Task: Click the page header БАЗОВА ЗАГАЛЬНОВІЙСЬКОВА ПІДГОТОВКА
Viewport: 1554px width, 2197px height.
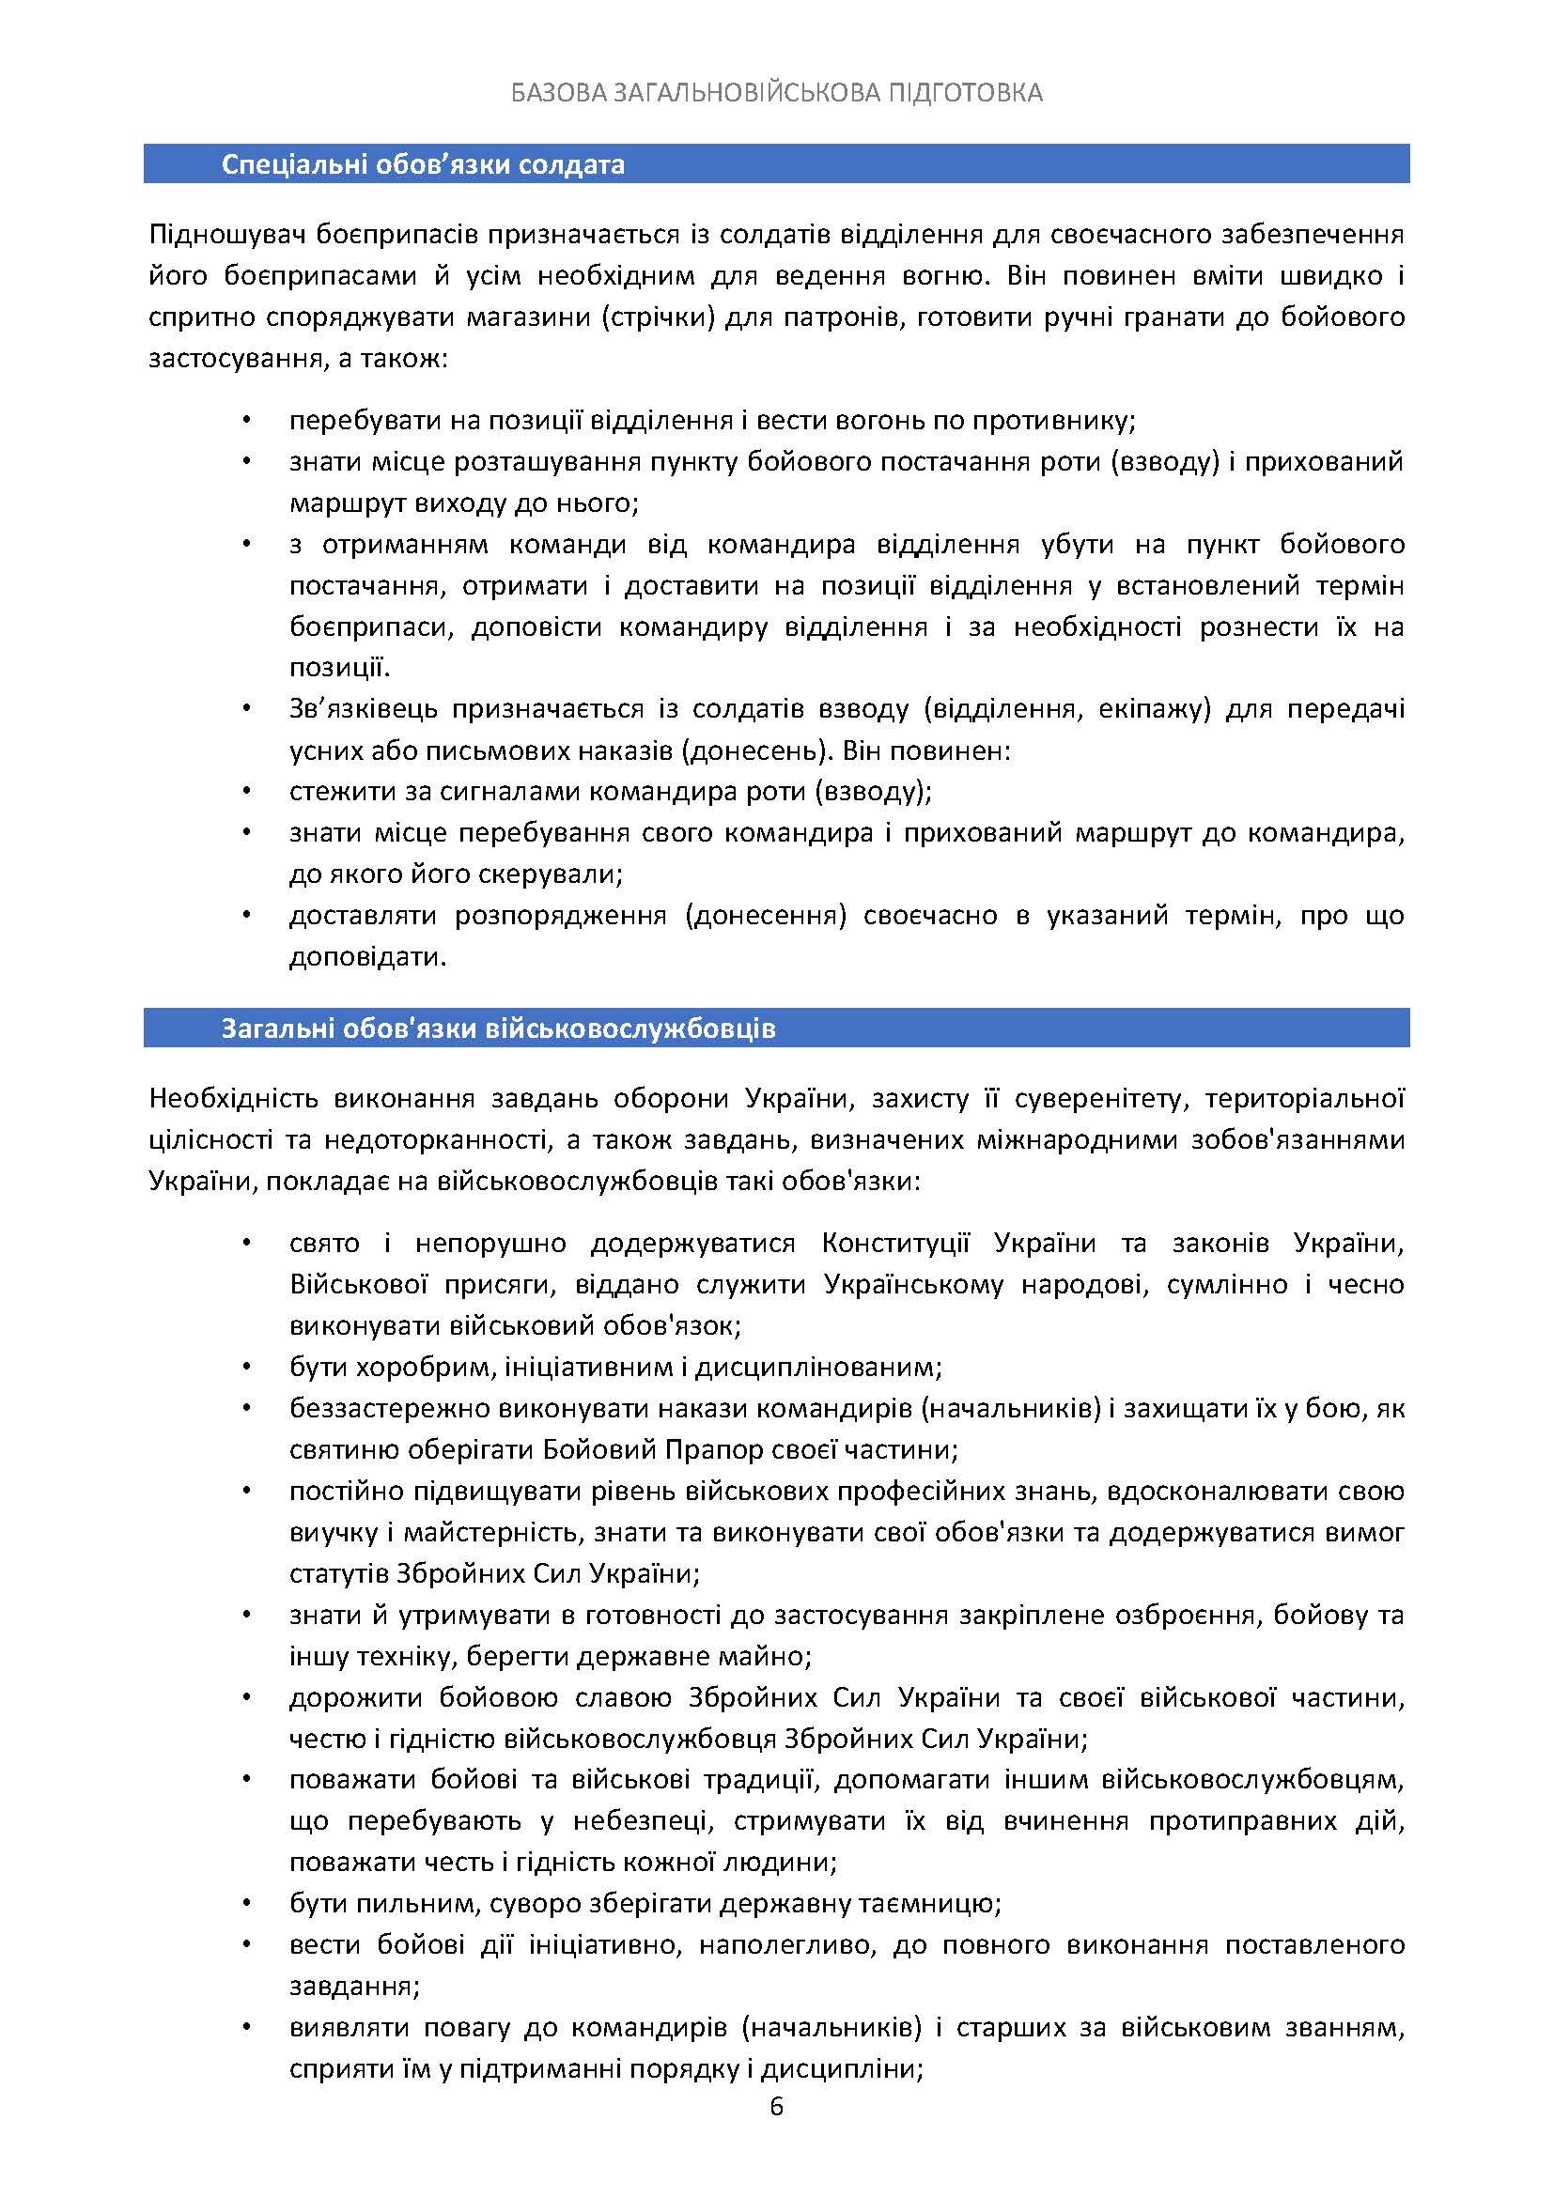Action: click(x=776, y=93)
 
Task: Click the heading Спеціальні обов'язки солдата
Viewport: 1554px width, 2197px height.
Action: click(x=423, y=164)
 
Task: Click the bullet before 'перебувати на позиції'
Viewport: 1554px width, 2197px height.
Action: click(x=247, y=420)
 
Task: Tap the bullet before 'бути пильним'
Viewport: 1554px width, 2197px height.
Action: click(x=247, y=1903)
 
